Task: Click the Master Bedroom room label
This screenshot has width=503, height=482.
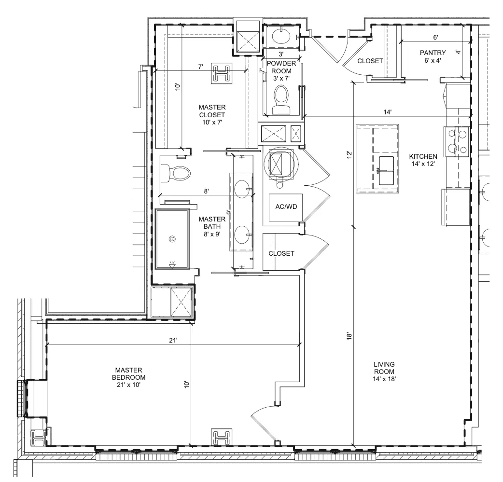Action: [x=128, y=377]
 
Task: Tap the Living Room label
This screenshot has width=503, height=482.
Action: [x=384, y=372]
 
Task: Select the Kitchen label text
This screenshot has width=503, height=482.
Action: [x=423, y=160]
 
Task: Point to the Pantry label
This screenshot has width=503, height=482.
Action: [x=433, y=56]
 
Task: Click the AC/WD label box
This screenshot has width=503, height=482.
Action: [x=286, y=207]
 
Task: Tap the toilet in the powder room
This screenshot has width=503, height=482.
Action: [x=281, y=99]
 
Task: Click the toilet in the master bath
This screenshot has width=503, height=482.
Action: [x=175, y=173]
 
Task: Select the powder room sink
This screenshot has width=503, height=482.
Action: [x=281, y=35]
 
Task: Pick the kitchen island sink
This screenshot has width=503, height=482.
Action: [x=386, y=170]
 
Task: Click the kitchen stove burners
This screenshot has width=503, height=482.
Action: [x=458, y=141]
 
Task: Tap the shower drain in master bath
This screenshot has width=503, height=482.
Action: [x=173, y=239]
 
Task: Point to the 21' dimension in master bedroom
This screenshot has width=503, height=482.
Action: [x=173, y=340]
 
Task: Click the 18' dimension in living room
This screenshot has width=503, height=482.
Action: [x=349, y=336]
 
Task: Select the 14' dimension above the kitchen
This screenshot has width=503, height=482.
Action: [x=388, y=112]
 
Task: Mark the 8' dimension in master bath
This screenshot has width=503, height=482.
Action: [x=206, y=191]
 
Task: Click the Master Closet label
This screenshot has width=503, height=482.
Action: [x=212, y=114]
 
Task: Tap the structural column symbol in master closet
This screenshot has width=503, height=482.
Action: [x=222, y=73]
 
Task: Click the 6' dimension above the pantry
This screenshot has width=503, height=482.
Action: [x=435, y=37]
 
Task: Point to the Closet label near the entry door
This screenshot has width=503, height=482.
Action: [x=370, y=61]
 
